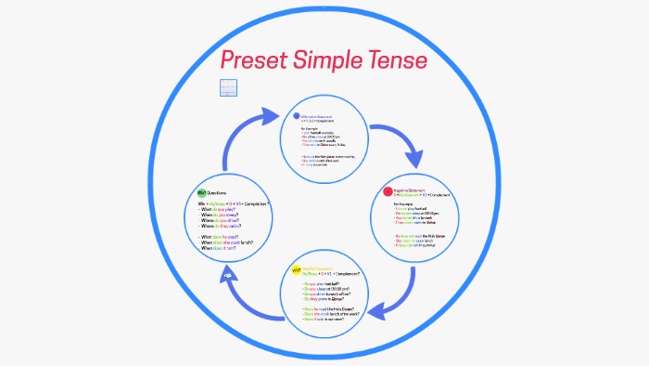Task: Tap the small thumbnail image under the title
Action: click(x=229, y=88)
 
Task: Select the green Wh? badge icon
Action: click(x=200, y=192)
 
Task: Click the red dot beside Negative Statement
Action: click(x=388, y=192)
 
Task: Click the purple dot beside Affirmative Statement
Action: click(x=296, y=116)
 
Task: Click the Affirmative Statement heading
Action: click(x=320, y=115)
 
